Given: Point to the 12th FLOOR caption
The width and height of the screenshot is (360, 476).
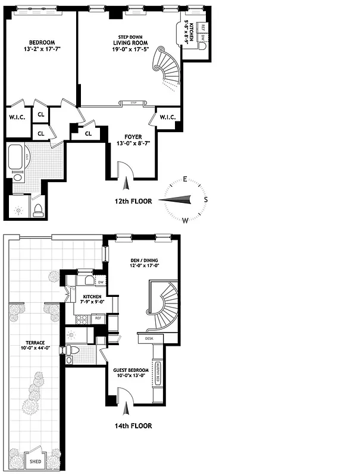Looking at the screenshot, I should tap(133, 202).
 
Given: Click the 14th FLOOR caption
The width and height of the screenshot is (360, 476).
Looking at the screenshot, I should tap(133, 426).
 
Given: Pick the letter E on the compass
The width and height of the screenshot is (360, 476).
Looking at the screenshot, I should tap(186, 179).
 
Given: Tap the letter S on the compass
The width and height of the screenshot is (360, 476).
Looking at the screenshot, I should tap(206, 200).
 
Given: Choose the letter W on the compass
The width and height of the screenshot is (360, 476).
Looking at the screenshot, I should tap(186, 221).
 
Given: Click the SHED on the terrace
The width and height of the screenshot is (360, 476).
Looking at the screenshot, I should tap(36, 461).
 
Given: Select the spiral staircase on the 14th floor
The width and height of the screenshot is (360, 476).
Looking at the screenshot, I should tap(163, 306).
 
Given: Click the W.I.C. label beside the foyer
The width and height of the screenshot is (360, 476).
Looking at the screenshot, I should tap(167, 117).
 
